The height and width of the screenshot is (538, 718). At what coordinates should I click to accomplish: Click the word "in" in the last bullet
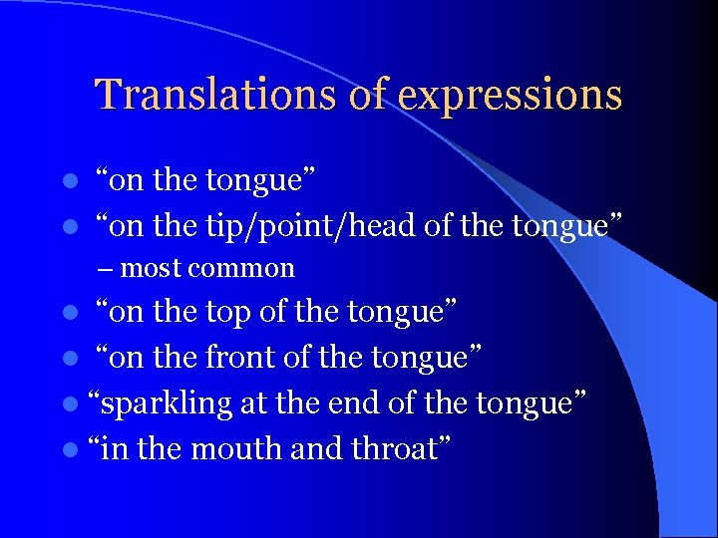115,449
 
